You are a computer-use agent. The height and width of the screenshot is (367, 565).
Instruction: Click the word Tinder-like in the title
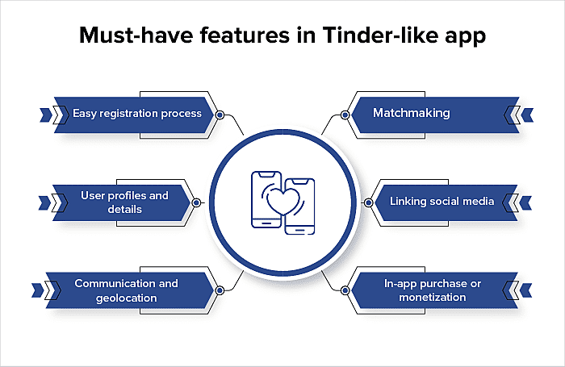click(x=380, y=35)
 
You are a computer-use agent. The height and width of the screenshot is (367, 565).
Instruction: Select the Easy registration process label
click(x=137, y=113)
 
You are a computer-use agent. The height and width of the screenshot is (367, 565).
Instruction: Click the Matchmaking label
click(x=411, y=113)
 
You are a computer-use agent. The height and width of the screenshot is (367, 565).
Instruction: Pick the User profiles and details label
click(x=124, y=202)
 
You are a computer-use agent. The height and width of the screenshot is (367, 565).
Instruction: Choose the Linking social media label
click(x=442, y=201)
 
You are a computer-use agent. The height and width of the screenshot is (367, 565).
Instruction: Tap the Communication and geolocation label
click(x=126, y=290)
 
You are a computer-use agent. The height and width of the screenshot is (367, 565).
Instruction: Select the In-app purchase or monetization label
click(x=433, y=290)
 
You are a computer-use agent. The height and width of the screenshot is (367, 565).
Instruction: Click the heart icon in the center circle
click(x=282, y=201)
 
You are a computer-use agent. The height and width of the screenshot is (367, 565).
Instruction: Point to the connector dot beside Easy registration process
click(x=220, y=115)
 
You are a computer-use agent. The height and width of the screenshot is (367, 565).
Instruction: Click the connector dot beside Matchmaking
click(x=345, y=115)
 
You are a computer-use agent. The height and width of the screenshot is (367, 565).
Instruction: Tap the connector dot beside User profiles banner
click(x=196, y=202)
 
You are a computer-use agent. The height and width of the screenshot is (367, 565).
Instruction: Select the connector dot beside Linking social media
click(x=368, y=202)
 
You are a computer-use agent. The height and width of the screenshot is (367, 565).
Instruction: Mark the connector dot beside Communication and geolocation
click(x=220, y=290)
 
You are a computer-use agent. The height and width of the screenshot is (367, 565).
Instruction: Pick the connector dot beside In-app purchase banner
click(x=345, y=290)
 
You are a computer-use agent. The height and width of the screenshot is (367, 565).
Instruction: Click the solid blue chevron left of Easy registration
click(x=46, y=115)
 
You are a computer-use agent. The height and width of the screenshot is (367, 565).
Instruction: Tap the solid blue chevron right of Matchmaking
click(x=527, y=115)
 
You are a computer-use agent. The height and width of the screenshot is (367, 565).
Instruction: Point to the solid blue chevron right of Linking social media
click(x=525, y=202)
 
